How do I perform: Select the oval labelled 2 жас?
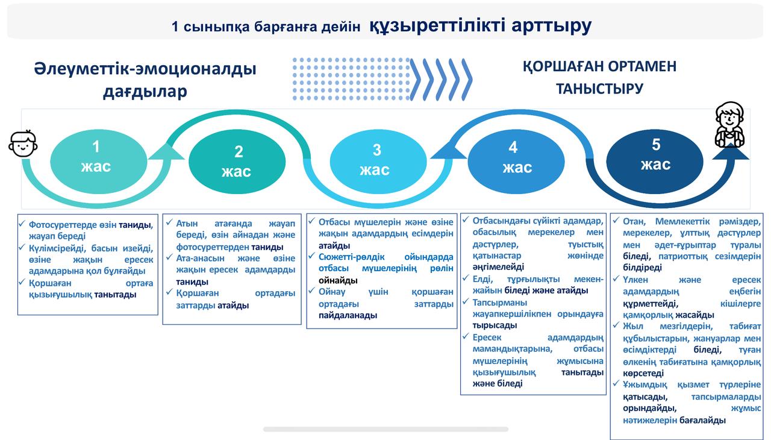pyautogui.click(x=236, y=162)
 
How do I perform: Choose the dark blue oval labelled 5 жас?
pyautogui.click(x=655, y=155)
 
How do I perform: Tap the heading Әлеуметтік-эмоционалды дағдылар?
pyautogui.click(x=145, y=80)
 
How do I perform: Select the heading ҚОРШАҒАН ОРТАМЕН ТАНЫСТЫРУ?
pyautogui.click(x=599, y=77)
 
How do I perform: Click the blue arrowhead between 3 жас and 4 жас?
pyautogui.click(x=447, y=151)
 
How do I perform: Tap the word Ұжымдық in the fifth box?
pyautogui.click(x=643, y=385)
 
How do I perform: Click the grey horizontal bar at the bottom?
pyautogui.click(x=385, y=429)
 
